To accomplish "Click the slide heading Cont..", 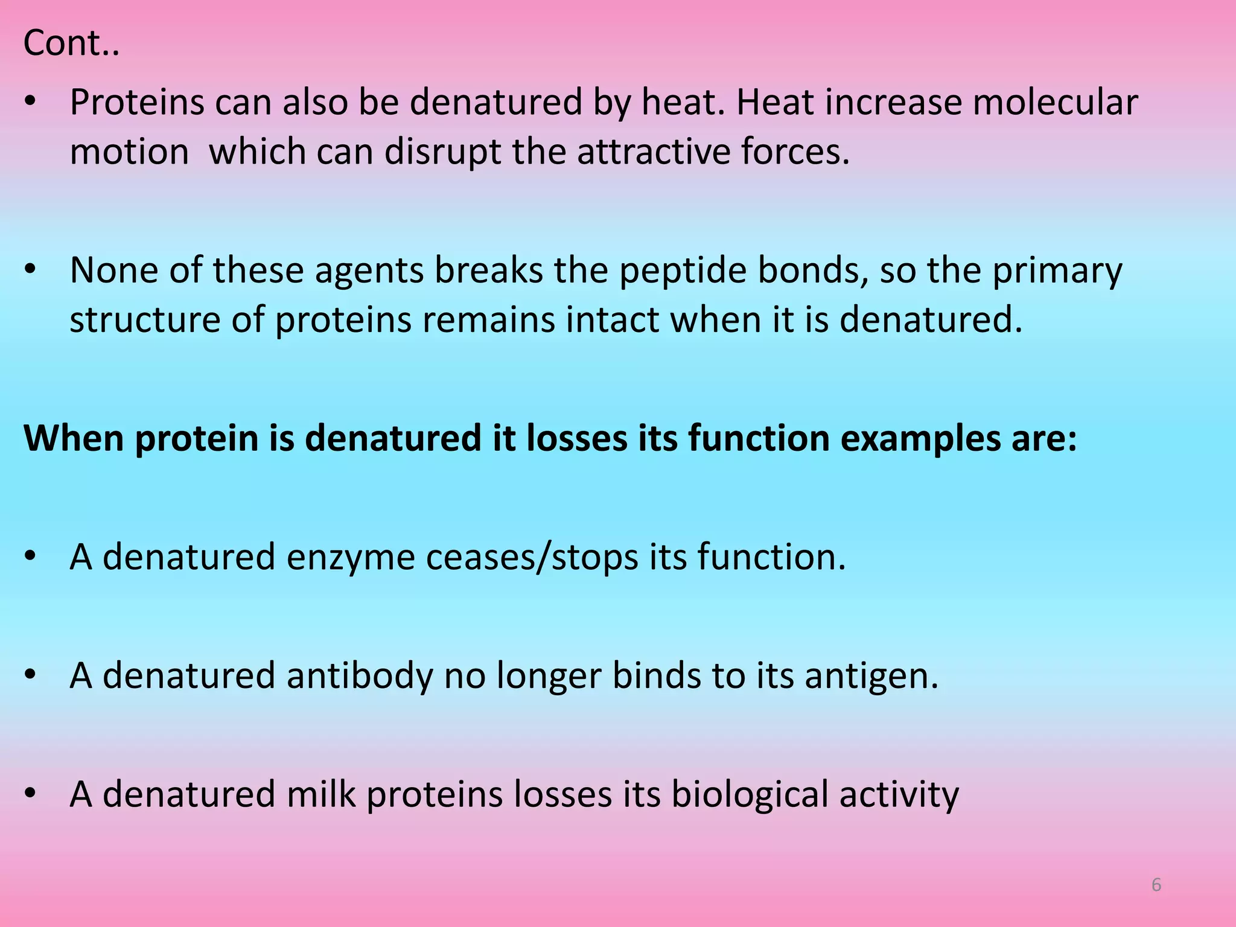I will click(x=71, y=43).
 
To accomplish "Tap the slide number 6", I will click(x=1156, y=885).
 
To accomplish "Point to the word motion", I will click(x=129, y=151).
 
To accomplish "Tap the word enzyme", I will click(x=350, y=556).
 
